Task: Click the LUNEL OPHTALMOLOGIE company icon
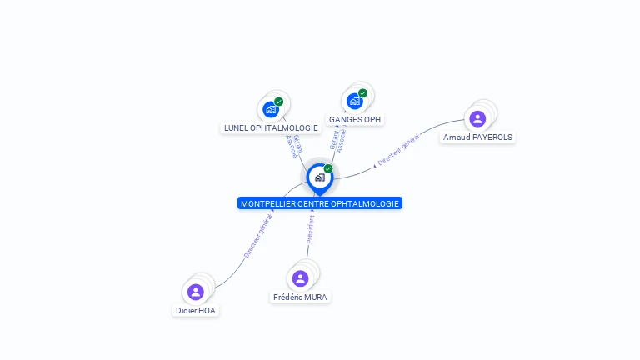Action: (x=270, y=109)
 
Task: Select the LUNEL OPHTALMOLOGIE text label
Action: (x=271, y=128)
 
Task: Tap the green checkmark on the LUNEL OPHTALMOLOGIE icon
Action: (x=278, y=102)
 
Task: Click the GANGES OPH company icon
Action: (x=355, y=102)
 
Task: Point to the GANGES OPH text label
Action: (x=355, y=120)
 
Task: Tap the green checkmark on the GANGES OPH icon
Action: (x=362, y=93)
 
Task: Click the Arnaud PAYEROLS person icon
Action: (x=477, y=118)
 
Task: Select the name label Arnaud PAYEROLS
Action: (x=478, y=137)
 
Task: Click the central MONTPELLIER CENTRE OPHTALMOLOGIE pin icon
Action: (x=319, y=177)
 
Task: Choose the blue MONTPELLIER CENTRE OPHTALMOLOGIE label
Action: (x=320, y=203)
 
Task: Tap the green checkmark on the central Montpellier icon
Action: (x=328, y=169)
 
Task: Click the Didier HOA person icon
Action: (x=196, y=292)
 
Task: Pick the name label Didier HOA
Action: (x=196, y=310)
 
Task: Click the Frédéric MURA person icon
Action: (x=301, y=278)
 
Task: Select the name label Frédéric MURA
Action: (x=301, y=297)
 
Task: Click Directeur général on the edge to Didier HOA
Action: (x=257, y=236)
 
